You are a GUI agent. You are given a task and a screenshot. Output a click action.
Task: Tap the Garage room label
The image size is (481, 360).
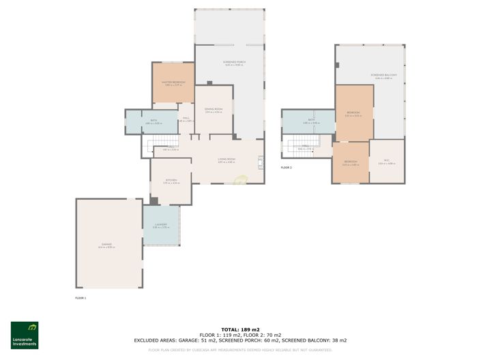click(106, 244)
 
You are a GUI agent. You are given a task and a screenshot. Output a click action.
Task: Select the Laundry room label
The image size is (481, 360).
click(161, 224)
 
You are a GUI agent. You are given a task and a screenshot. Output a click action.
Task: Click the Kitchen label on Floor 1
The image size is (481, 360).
click(171, 181)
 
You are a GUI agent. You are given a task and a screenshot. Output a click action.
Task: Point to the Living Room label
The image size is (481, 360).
click(227, 160)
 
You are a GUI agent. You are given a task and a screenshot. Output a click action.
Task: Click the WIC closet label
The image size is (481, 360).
click(386, 161)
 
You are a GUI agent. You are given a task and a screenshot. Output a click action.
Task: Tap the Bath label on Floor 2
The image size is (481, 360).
click(311, 121)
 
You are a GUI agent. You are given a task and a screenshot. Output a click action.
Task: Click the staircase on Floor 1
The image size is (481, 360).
click(163, 142)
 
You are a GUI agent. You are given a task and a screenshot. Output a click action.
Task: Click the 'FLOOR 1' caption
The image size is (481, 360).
click(81, 297)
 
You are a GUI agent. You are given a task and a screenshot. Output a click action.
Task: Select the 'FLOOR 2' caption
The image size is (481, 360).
click(286, 167)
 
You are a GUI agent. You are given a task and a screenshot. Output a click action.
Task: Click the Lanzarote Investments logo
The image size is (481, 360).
click(25, 335)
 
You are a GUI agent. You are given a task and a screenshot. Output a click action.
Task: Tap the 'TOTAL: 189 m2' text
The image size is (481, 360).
click(240, 329)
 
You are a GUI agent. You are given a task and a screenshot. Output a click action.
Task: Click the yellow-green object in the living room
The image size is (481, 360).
click(240, 181)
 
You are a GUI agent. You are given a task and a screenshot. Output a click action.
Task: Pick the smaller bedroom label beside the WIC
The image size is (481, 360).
click(349, 162)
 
